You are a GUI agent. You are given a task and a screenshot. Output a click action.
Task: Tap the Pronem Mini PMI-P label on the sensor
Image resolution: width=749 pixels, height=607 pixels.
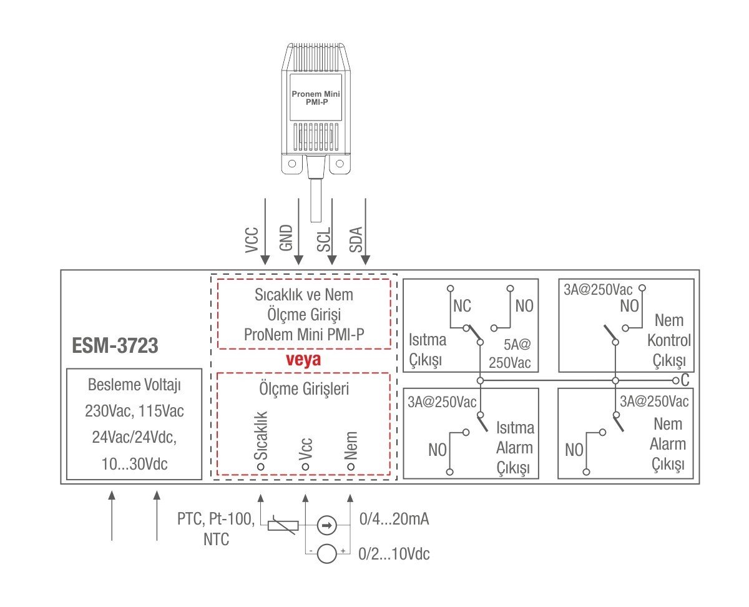pos(315,97)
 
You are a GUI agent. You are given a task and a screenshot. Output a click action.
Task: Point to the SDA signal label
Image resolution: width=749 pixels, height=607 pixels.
pos(355,239)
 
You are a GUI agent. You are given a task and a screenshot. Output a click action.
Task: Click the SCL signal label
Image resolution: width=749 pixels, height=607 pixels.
pos(323,239)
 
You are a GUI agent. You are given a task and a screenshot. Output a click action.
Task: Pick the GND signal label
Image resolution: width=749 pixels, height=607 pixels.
pos(287,239)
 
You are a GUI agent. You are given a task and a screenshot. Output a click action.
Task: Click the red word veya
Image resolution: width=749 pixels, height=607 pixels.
pos(303,360)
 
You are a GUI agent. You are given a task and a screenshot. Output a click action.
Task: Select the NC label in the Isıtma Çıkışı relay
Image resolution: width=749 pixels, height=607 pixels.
pos(463,306)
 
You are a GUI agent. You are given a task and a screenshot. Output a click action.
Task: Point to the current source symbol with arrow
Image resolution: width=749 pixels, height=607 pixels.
pos(326,526)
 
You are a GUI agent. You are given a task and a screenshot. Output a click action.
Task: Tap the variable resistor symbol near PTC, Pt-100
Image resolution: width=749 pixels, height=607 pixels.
pos(278,525)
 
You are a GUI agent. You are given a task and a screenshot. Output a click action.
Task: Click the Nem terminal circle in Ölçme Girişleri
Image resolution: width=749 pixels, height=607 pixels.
pos(350,466)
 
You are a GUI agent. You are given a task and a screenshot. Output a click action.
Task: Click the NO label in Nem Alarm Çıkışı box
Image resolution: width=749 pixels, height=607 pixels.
pos(574,450)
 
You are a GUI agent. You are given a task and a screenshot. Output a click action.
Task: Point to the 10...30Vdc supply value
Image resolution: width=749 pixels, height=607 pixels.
pos(134,465)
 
